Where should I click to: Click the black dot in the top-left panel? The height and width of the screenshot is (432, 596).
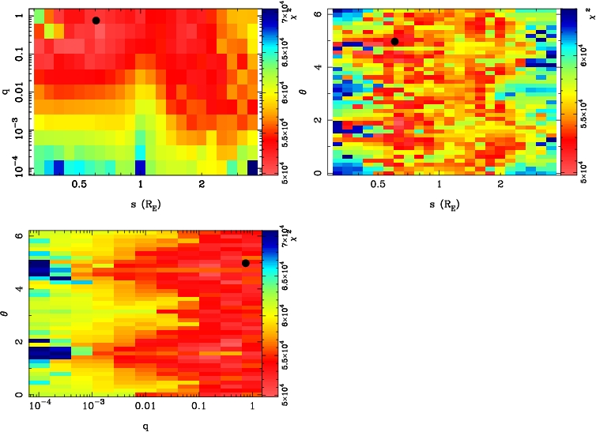(x=96, y=21)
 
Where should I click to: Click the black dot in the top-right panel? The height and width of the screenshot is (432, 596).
(x=394, y=41)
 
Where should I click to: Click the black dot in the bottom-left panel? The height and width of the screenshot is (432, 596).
(x=246, y=263)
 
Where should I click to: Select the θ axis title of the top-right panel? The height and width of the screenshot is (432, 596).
(x=307, y=91)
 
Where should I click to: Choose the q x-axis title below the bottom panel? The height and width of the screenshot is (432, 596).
(x=145, y=426)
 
